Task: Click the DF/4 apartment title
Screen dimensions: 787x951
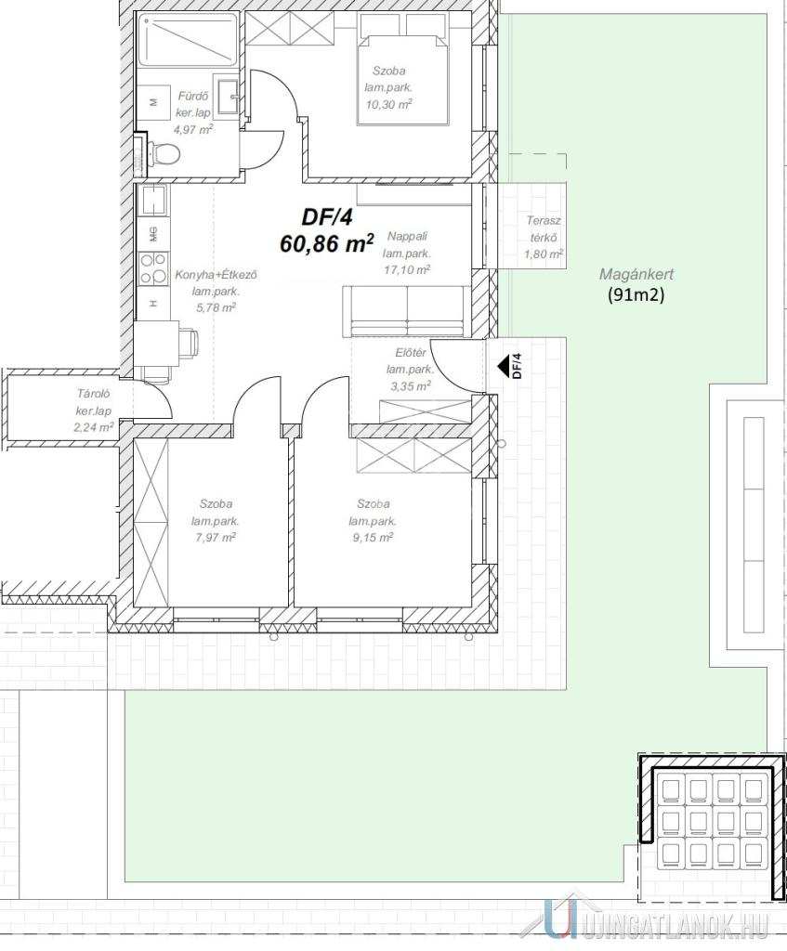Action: click(x=326, y=216)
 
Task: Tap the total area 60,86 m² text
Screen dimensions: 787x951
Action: click(x=326, y=244)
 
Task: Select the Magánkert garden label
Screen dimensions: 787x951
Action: click(x=636, y=274)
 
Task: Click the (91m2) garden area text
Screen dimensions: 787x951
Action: click(x=636, y=294)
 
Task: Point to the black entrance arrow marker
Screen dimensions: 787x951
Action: click(x=503, y=366)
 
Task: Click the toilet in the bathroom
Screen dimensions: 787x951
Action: click(x=161, y=153)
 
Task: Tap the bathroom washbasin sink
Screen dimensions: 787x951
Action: click(x=228, y=96)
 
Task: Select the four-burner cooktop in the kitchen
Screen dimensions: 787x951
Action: click(x=153, y=268)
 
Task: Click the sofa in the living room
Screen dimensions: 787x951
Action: click(x=406, y=311)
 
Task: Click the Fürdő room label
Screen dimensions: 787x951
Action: click(x=193, y=96)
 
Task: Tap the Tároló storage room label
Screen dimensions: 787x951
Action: click(x=93, y=394)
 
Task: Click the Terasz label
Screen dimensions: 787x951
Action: click(x=544, y=221)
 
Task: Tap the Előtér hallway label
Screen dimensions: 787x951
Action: click(x=410, y=352)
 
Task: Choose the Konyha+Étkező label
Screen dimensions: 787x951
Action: click(x=216, y=275)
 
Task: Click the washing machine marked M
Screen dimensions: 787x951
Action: click(x=153, y=102)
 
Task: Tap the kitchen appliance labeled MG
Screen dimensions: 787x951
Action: click(x=153, y=233)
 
